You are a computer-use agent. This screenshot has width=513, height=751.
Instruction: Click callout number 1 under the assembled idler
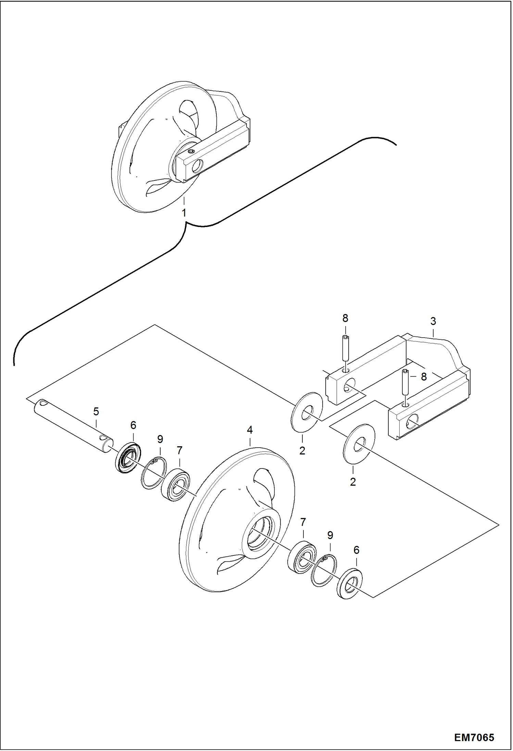184,213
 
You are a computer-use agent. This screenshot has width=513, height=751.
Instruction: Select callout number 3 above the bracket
433,321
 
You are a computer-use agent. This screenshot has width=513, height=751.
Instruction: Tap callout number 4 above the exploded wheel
250,430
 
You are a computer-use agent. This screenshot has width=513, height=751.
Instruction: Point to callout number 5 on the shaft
96,411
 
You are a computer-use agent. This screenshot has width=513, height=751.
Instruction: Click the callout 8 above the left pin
345,318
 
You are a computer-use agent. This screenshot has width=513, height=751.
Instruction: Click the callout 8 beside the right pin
424,377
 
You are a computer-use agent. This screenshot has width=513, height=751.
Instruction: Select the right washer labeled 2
359,444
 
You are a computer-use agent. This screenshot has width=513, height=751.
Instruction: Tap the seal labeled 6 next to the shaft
127,457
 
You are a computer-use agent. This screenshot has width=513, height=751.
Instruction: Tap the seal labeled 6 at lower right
350,588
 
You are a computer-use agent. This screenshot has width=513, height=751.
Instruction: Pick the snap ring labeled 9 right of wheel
324,571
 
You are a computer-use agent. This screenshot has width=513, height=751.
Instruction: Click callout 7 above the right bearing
303,522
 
